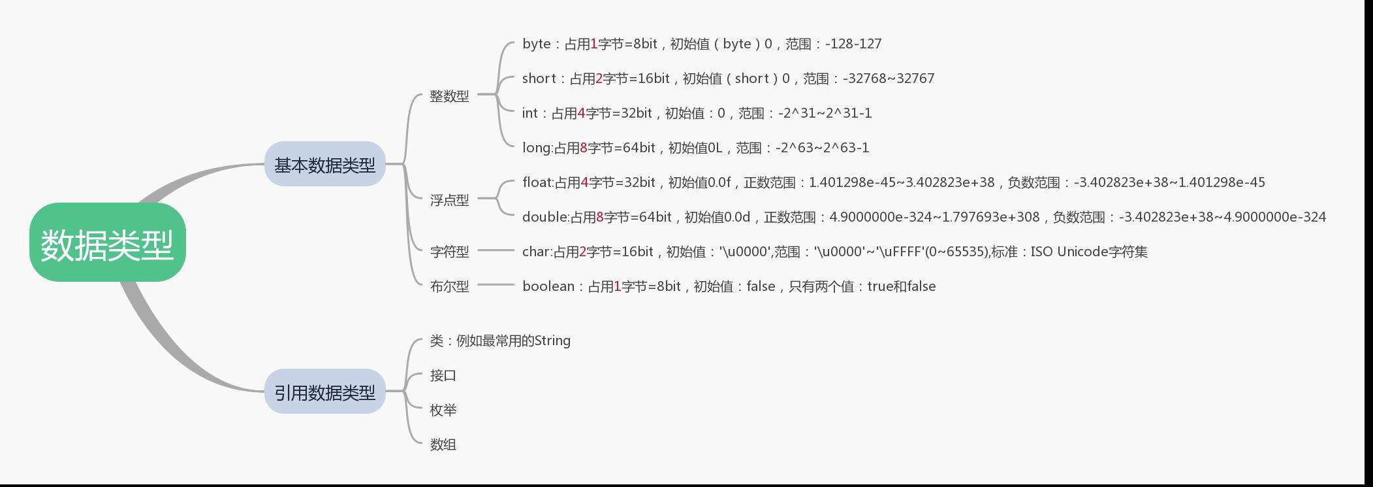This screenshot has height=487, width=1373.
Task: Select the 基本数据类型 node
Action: coord(324,165)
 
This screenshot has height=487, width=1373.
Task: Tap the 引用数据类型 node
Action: coord(324,392)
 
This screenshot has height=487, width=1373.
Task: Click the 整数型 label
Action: coord(449,96)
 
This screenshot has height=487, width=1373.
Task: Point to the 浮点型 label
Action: coord(449,200)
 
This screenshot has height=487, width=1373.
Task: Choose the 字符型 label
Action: coord(449,251)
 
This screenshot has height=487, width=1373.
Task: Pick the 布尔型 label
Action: coord(449,286)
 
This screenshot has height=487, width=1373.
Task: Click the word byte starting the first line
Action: coord(536,44)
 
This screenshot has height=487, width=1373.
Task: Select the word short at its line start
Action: coord(539,78)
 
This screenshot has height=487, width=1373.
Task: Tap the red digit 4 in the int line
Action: coord(581,113)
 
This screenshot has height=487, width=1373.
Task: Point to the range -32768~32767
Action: coord(889,78)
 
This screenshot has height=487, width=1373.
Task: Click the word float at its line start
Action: coord(537,182)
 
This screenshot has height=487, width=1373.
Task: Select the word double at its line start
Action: coord(544,217)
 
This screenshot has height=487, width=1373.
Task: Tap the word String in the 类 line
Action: coord(552,341)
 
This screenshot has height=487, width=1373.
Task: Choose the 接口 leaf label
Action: coord(443,375)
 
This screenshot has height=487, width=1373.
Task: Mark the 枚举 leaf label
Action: coord(443,410)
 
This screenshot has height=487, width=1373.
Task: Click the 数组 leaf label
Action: coord(443,445)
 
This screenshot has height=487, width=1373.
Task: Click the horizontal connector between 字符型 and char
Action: coord(496,250)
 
